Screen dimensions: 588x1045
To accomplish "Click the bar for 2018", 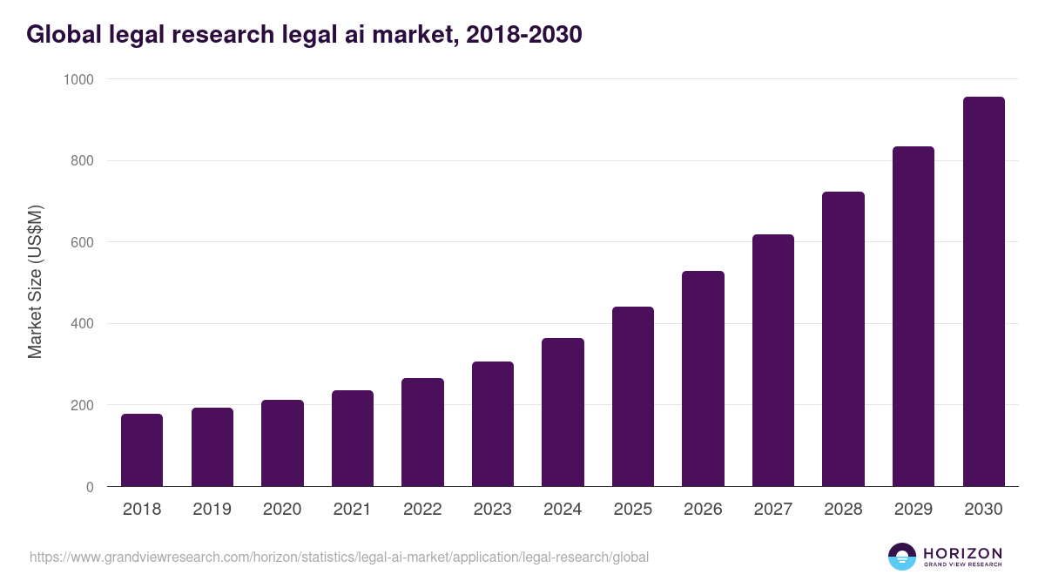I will pyautogui.click(x=142, y=450).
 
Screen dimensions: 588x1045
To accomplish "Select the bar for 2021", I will pyautogui.click(x=352, y=438).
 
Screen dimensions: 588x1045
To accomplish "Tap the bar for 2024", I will pyautogui.click(x=563, y=412).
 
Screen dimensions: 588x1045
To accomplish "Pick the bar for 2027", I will pyautogui.click(x=773, y=361).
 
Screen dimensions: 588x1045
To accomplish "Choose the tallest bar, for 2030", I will pyautogui.click(x=983, y=292).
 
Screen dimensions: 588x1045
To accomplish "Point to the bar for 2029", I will pyautogui.click(x=914, y=316).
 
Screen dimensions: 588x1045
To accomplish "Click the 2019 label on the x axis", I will pyautogui.click(x=212, y=509).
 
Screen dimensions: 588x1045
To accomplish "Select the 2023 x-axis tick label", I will pyautogui.click(x=492, y=509).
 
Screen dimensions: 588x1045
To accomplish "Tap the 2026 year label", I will pyautogui.click(x=703, y=509).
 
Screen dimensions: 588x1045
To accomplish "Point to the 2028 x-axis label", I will pyautogui.click(x=843, y=509).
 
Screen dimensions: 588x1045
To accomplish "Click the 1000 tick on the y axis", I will pyautogui.click(x=78, y=79).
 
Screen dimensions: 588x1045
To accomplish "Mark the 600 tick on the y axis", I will pyautogui.click(x=83, y=242).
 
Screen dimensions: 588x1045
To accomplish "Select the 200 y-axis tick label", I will pyautogui.click(x=83, y=405).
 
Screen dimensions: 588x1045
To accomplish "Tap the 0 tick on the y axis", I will pyautogui.click(x=91, y=487).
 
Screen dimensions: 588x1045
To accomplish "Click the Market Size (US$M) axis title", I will pyautogui.click(x=35, y=282).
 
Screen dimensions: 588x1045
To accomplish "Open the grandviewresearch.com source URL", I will pyautogui.click(x=339, y=557).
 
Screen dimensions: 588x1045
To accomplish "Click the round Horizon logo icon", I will pyautogui.click(x=902, y=557).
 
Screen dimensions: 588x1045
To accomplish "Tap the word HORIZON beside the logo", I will pyautogui.click(x=962, y=552).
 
